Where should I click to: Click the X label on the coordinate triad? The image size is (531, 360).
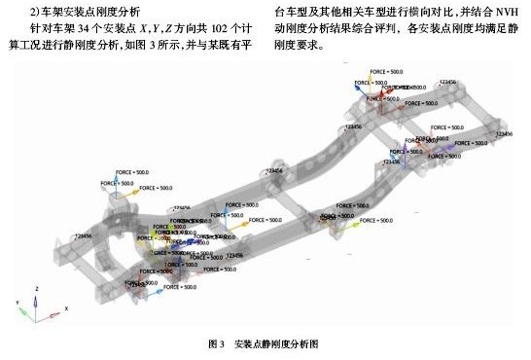click(x=65, y=308)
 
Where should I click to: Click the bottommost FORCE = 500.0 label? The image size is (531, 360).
click(x=176, y=289)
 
